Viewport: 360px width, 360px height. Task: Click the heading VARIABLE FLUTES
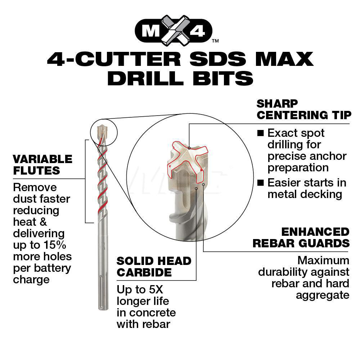(x=42, y=165)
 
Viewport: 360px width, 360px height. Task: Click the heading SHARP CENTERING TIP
(x=303, y=109)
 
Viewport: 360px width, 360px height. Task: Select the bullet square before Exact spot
(x=261, y=133)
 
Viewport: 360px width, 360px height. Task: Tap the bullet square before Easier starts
(x=261, y=183)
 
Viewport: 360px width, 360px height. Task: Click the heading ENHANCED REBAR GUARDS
(x=301, y=237)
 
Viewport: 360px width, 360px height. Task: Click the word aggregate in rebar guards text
(x=323, y=295)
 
